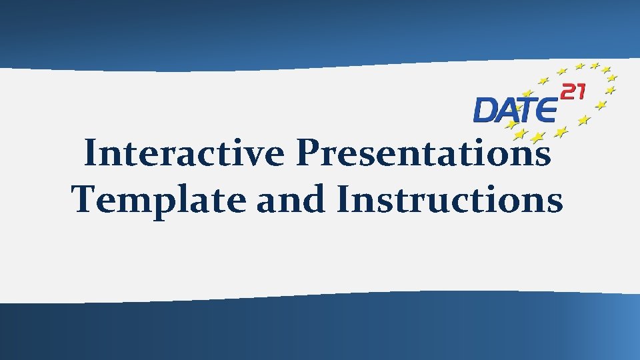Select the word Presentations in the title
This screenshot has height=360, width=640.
[424, 155]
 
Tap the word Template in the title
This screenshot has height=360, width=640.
[159, 200]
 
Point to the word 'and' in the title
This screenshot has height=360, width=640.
[291, 200]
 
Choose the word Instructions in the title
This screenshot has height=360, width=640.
[450, 200]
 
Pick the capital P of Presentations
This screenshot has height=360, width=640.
[308, 155]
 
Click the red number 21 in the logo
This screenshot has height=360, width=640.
[573, 91]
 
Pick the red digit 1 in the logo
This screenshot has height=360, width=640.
[580, 91]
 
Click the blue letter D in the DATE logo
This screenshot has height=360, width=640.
[485, 110]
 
